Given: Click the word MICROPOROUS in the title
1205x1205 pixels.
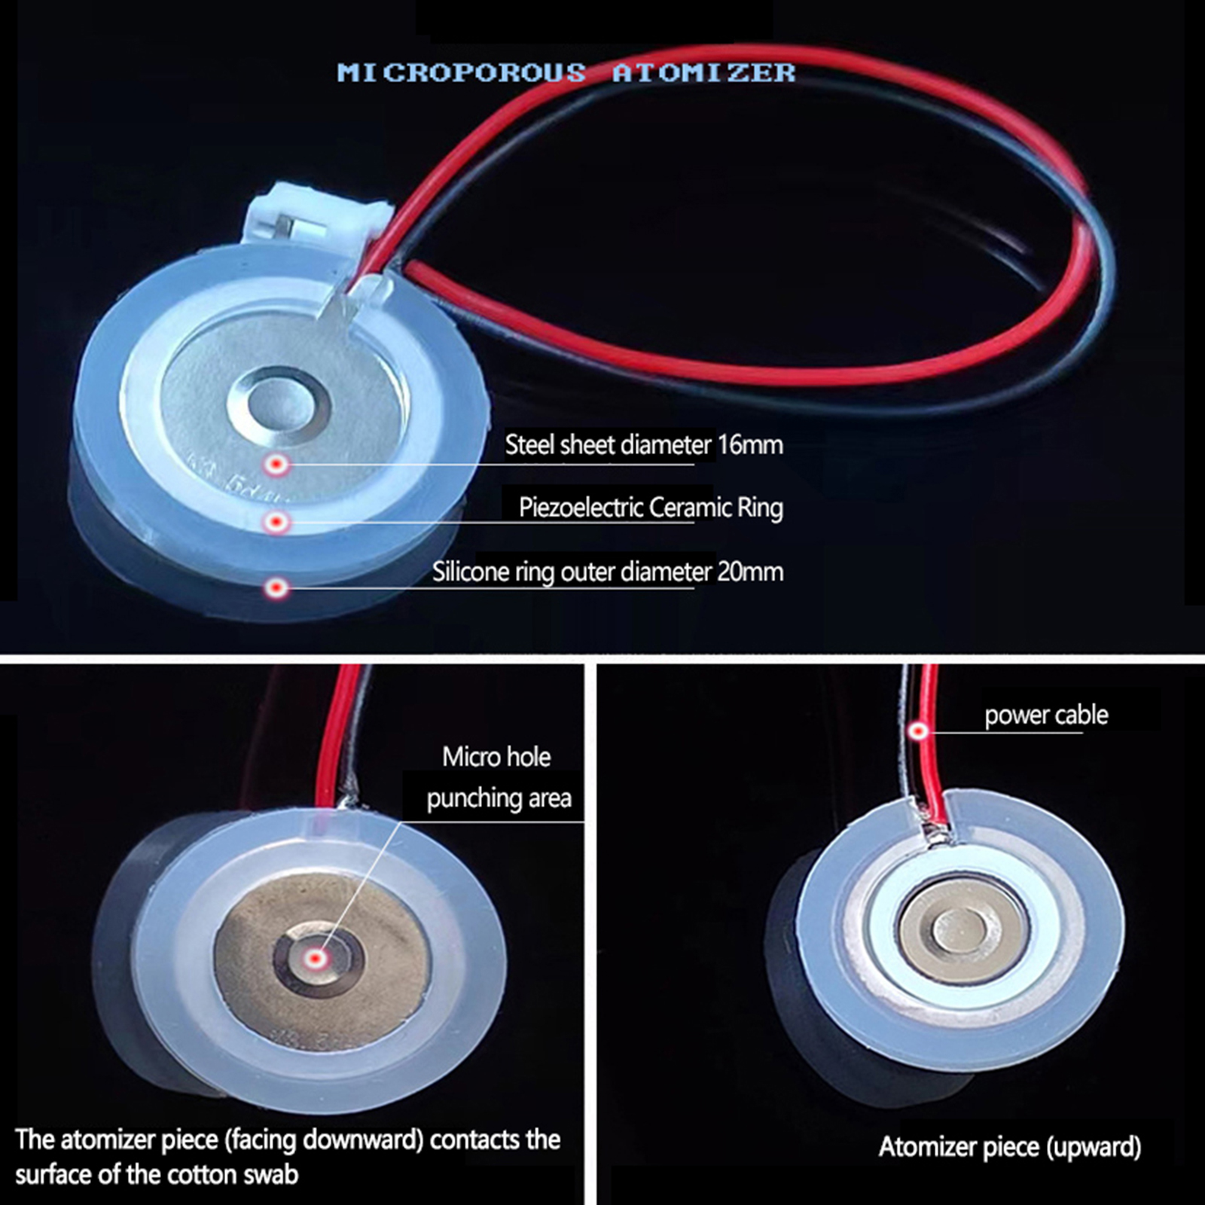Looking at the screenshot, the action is [x=461, y=73].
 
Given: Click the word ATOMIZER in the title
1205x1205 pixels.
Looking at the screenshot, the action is [x=703, y=73].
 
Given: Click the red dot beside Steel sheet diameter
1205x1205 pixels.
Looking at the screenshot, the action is [x=277, y=465].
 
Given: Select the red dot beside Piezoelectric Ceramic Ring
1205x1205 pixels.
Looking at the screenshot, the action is [x=277, y=521].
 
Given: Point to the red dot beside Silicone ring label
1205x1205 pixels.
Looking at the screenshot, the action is [x=277, y=587].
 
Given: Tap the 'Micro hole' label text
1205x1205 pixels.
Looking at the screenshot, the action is [x=496, y=757].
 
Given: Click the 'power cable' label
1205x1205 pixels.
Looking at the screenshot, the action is [x=1046, y=715].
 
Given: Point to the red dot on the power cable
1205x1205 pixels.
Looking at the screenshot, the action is [x=917, y=730].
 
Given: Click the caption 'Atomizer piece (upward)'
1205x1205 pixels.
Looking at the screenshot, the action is [x=1009, y=1147].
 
